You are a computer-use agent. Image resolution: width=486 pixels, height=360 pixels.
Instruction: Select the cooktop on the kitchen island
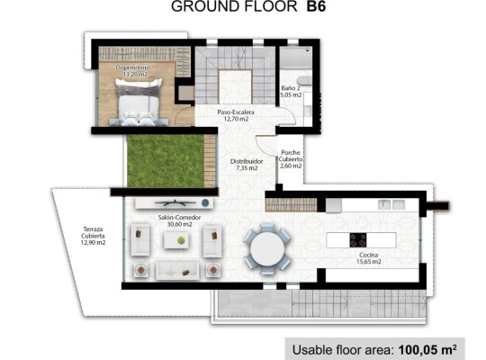click(x=357, y=240)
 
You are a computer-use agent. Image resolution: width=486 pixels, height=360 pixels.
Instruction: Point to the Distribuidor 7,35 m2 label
click(x=240, y=163)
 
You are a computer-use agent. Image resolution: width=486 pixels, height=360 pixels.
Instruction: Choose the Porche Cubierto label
click(x=291, y=158)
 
